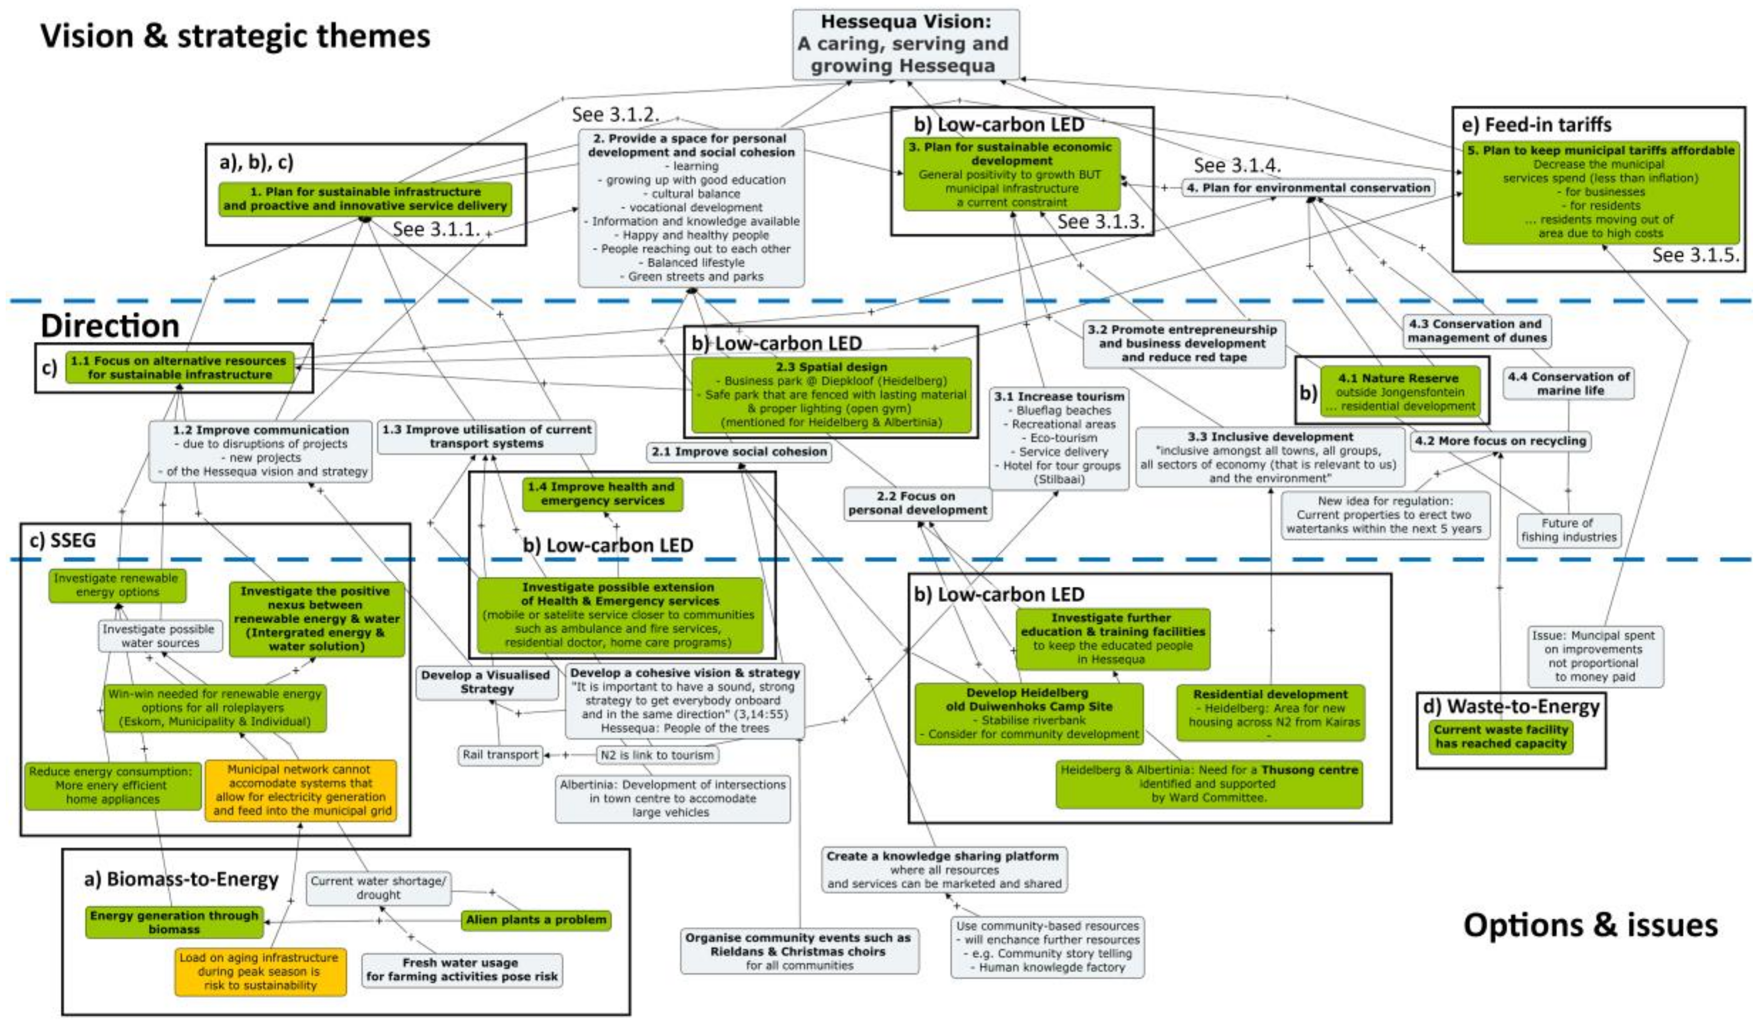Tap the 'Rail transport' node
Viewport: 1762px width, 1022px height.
pyautogui.click(x=500, y=755)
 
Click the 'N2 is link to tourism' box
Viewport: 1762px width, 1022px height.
pyautogui.click(x=657, y=755)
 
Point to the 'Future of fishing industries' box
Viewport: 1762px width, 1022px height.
pyautogui.click(x=1569, y=530)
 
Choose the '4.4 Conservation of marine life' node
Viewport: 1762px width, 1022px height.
pyautogui.click(x=1569, y=383)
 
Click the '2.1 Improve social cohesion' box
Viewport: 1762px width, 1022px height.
pyautogui.click(x=739, y=452)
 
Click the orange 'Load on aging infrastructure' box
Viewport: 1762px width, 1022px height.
pyautogui.click(x=260, y=971)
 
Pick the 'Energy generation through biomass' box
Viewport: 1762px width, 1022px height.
pyautogui.click(x=174, y=922)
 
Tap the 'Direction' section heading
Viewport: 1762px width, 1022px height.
pyautogui.click(x=110, y=326)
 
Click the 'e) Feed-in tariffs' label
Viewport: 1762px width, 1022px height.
pyautogui.click(x=1536, y=124)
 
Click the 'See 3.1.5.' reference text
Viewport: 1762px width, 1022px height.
pyautogui.click(x=1695, y=255)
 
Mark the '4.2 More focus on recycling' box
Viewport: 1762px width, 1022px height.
pyautogui.click(x=1500, y=441)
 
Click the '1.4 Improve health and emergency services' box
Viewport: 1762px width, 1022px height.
pyautogui.click(x=602, y=493)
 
